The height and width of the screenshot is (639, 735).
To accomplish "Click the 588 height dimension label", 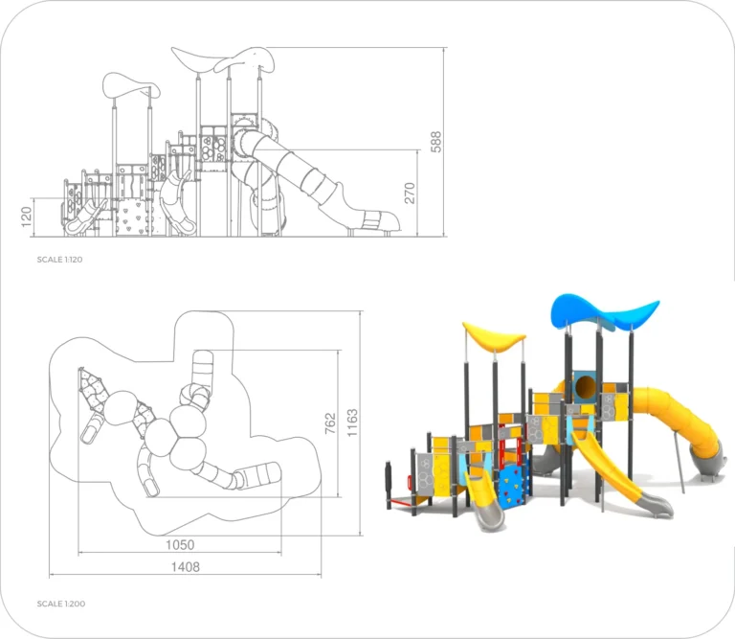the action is pyautogui.click(x=436, y=142).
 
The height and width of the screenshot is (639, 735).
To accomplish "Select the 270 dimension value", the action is pyautogui.click(x=410, y=193).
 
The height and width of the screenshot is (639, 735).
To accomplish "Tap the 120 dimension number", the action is pyautogui.click(x=27, y=217).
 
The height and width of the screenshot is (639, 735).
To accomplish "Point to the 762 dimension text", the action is pyautogui.click(x=330, y=423).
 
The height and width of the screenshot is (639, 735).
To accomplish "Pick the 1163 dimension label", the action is pyautogui.click(x=352, y=422).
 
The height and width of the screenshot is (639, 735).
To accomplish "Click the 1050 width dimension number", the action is pyautogui.click(x=180, y=545).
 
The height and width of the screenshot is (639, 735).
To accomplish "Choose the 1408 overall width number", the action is pyautogui.click(x=186, y=567).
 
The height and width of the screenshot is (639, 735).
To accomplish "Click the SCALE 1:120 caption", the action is pyautogui.click(x=59, y=260).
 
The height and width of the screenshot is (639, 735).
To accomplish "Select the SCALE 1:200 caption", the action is pyautogui.click(x=61, y=604).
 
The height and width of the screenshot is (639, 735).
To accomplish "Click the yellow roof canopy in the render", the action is pyautogui.click(x=493, y=337).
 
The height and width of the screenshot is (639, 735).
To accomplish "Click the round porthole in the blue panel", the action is pyautogui.click(x=585, y=386).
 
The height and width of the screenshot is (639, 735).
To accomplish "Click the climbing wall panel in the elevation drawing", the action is pyautogui.click(x=131, y=217).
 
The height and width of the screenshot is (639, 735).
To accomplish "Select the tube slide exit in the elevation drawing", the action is pyautogui.click(x=381, y=221).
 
